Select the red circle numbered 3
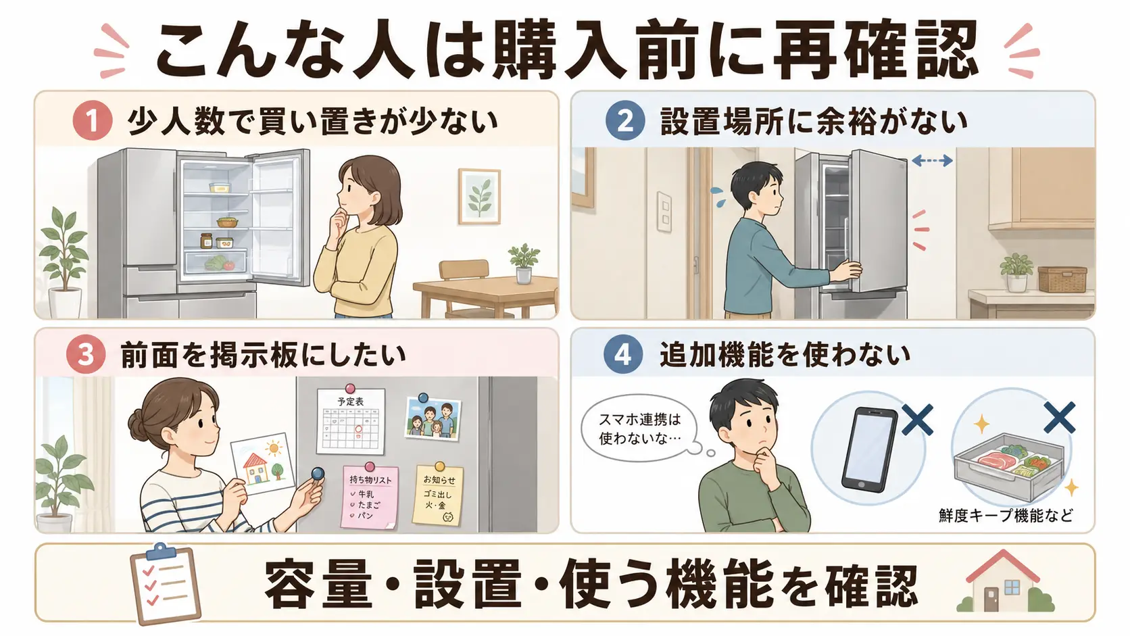coord(86,354)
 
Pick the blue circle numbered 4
coord(623,354)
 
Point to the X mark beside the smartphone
coord(917,418)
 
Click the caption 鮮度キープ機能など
coord(1006,516)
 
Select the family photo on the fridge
coord(433,418)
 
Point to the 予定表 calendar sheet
coord(351,420)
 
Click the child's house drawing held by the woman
coord(262,464)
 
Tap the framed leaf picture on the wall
coord(479,196)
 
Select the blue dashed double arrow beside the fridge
coord(932,161)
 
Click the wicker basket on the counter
coord(1062,279)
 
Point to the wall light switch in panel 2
coord(664,212)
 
